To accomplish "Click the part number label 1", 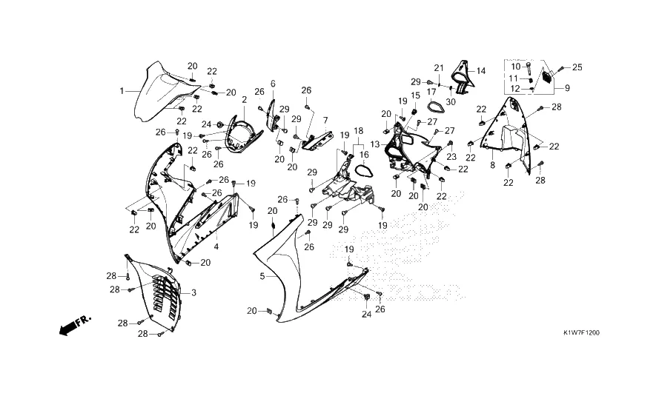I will (x=122, y=90).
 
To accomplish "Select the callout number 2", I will (x=245, y=99).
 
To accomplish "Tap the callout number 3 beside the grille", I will (x=193, y=293).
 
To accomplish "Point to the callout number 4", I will (x=216, y=246).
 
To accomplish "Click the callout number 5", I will (x=262, y=276).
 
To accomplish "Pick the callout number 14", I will (x=481, y=71).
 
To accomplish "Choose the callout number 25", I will (x=577, y=68).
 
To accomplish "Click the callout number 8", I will (x=492, y=165).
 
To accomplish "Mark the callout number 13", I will (x=376, y=144).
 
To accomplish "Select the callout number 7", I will (x=325, y=119).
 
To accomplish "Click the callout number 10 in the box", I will (x=517, y=67).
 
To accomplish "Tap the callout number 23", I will (x=451, y=157).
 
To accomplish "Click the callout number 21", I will (x=438, y=68).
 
